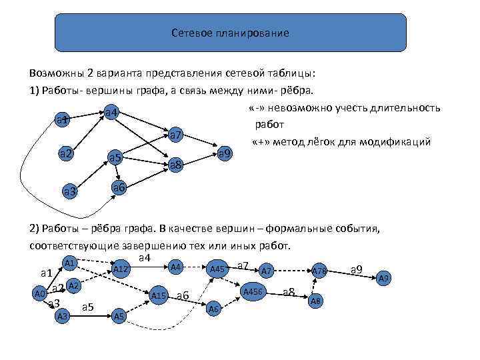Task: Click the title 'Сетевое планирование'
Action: pyautogui.click(x=229, y=33)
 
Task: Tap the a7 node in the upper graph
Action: pyautogui.click(x=176, y=136)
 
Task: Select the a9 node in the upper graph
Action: pyautogui.click(x=225, y=154)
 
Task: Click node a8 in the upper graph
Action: pyautogui.click(x=176, y=165)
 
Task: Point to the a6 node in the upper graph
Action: pyautogui.click(x=119, y=187)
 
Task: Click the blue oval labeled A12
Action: pyautogui.click(x=121, y=269)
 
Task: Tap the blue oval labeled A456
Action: pyautogui.click(x=253, y=291)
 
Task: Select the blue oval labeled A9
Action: pyautogui.click(x=385, y=278)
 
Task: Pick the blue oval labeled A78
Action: pyautogui.click(x=319, y=271)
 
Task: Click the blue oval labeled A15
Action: pyautogui.click(x=159, y=295)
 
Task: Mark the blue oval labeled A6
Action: pyautogui.click(x=213, y=309)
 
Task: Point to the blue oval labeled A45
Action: pyautogui.click(x=217, y=269)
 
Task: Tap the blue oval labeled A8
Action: pyautogui.click(x=317, y=301)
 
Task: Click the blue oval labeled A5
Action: pyautogui.click(x=119, y=315)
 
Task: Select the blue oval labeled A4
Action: pyautogui.click(x=176, y=267)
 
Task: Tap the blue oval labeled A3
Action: pyautogui.click(x=63, y=315)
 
